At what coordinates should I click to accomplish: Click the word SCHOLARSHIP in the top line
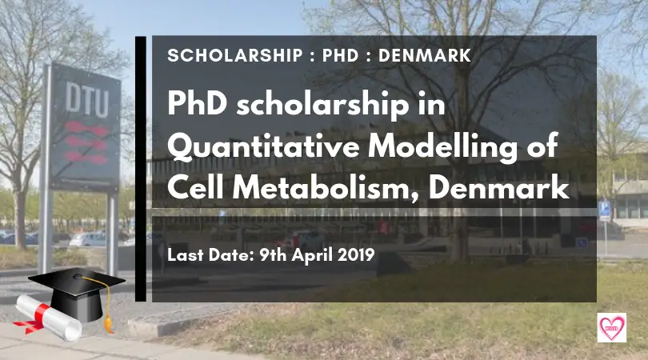235,56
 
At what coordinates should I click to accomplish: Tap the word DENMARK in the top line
425,56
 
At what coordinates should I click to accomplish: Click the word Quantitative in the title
264,146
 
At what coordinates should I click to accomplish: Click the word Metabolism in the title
326,189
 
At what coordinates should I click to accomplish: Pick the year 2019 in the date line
356,255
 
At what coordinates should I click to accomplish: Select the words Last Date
210,255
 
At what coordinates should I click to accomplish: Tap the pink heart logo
612,328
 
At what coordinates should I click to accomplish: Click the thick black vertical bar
141,169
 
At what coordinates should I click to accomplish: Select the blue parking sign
604,210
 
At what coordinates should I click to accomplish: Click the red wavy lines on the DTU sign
86,142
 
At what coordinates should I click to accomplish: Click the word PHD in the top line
340,56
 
